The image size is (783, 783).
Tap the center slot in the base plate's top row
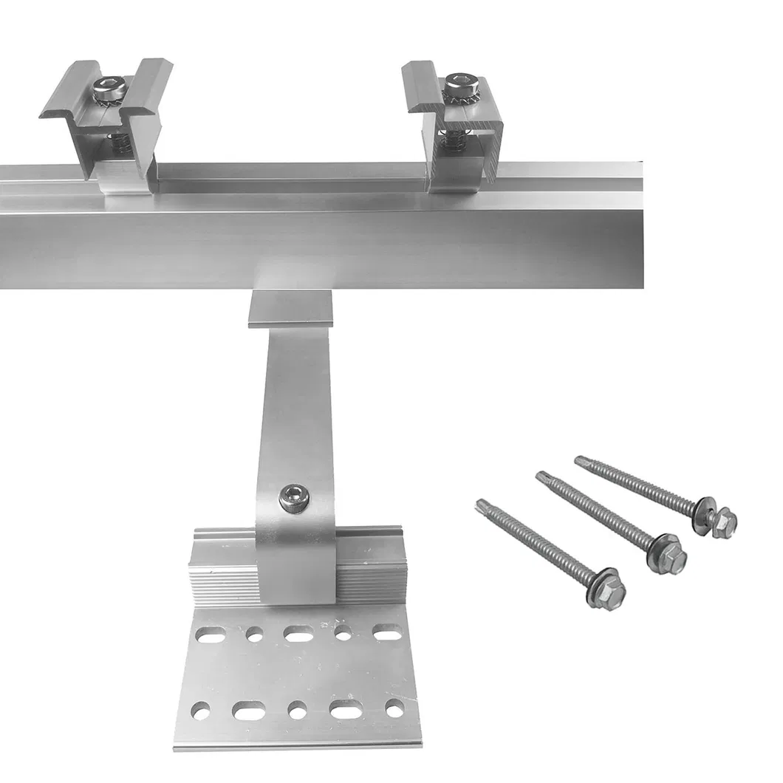coord(298,633)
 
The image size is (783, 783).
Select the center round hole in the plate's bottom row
coord(298,711)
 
